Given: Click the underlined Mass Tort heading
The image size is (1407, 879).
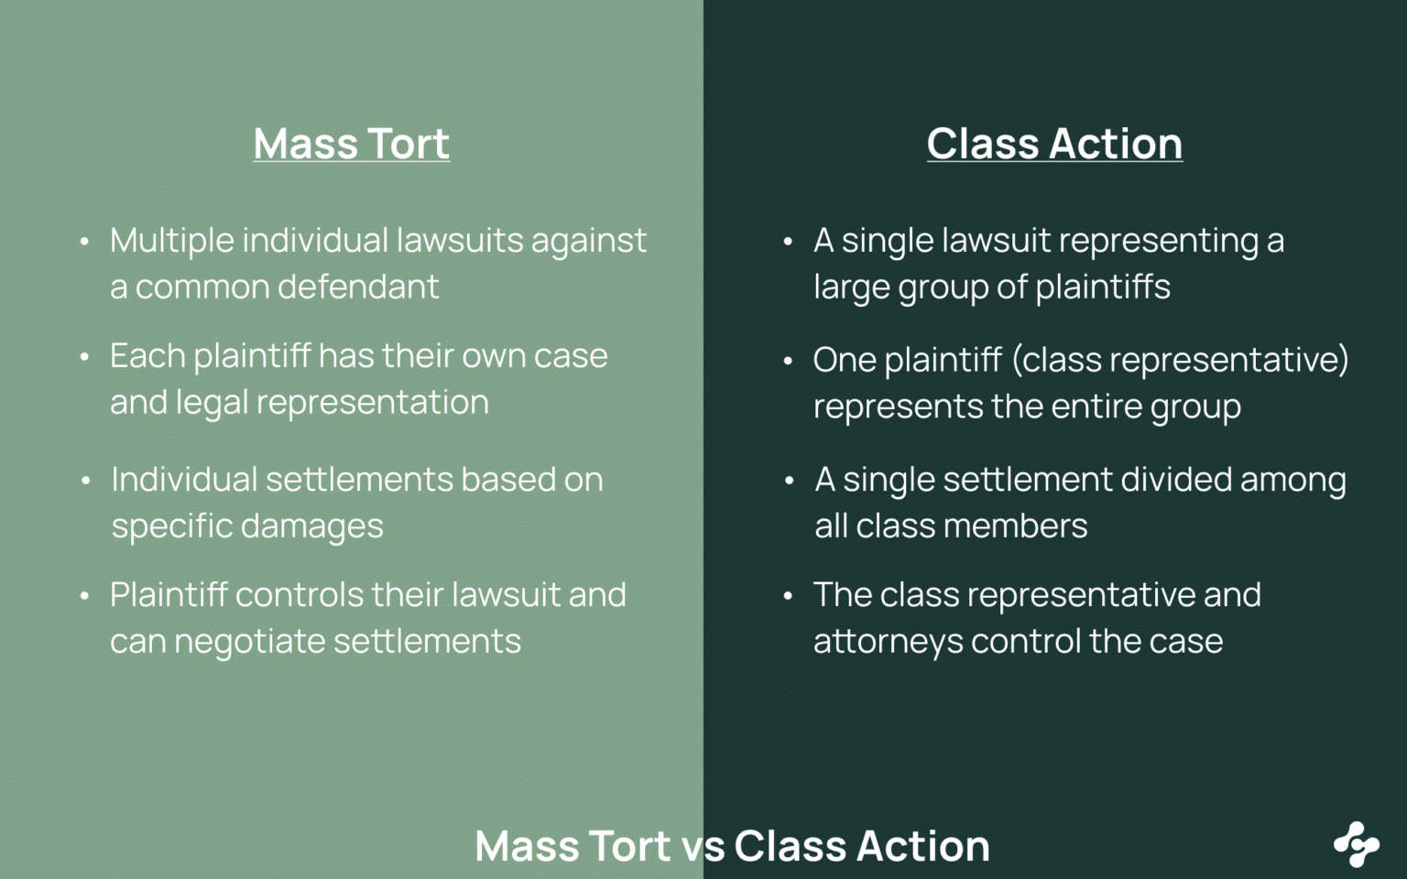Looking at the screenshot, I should point(351,144).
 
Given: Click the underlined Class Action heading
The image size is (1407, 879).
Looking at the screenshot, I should point(1053,144).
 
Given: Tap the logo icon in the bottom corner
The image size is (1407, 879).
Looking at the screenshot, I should point(1356,843).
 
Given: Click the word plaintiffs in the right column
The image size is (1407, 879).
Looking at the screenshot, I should point(1103,288).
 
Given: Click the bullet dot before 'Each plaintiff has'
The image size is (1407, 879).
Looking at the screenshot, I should point(84,357).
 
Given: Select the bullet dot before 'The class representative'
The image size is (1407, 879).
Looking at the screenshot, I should point(788,596).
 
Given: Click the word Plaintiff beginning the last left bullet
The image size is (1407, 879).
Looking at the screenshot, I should point(169,595).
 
